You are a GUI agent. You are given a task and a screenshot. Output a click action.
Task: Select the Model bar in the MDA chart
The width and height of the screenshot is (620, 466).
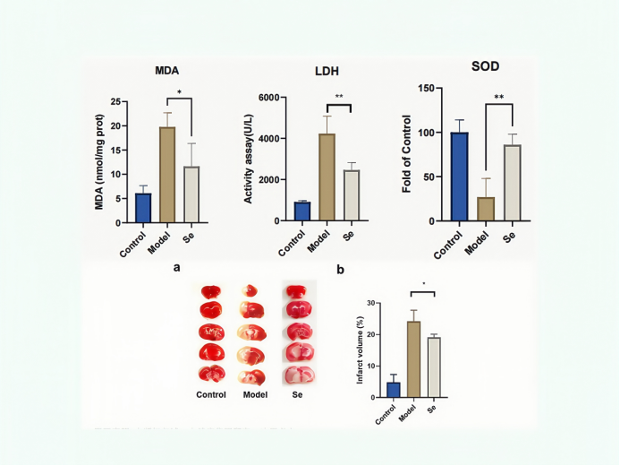click(166, 174)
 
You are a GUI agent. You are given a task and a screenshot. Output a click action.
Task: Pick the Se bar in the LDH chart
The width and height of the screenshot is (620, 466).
click(351, 195)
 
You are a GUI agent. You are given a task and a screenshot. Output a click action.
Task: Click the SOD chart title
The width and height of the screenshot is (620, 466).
click(485, 66)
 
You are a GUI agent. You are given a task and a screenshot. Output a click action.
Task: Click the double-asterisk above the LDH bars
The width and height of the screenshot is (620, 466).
click(339, 97)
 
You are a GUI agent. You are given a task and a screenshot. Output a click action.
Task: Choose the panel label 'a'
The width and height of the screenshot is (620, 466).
click(178, 266)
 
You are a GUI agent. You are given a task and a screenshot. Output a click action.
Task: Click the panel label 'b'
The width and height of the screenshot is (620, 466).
click(340, 268)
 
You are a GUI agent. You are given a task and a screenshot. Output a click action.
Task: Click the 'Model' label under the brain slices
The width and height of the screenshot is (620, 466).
click(256, 394)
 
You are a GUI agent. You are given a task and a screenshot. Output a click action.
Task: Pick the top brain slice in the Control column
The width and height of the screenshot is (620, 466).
click(212, 291)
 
